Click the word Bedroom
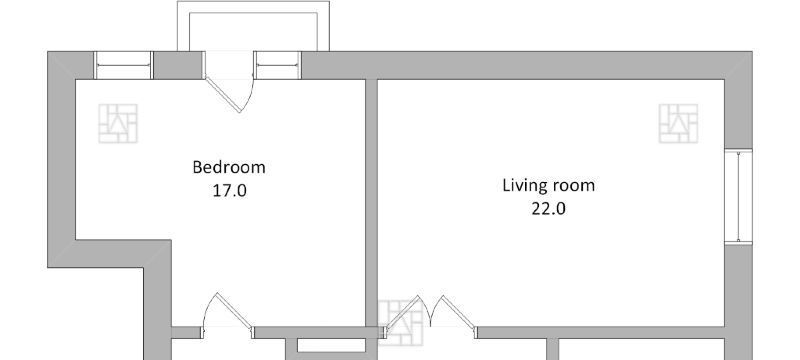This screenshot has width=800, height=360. (x=229, y=167)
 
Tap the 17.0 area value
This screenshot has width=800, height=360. (x=230, y=191)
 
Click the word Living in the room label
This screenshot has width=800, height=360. (x=522, y=186)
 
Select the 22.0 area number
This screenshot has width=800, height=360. (x=548, y=209)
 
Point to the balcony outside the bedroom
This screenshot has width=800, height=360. (x=253, y=26)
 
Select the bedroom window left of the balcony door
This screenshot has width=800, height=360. (x=123, y=65)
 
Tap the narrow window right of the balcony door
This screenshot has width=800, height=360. (x=278, y=65)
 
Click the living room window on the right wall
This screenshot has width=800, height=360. (x=738, y=196)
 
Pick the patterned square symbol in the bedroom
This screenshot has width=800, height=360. (x=118, y=123)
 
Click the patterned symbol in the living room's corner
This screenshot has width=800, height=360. (x=678, y=123)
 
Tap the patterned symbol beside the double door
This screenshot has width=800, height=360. (x=401, y=322)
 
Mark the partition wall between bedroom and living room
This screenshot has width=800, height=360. (x=371, y=203)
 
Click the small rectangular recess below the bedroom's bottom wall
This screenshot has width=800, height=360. (x=331, y=345)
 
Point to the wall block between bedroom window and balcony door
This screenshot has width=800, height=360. (x=178, y=65)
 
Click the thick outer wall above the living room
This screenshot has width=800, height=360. (x=526, y=65)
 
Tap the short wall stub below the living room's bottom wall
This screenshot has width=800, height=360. (x=552, y=349)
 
